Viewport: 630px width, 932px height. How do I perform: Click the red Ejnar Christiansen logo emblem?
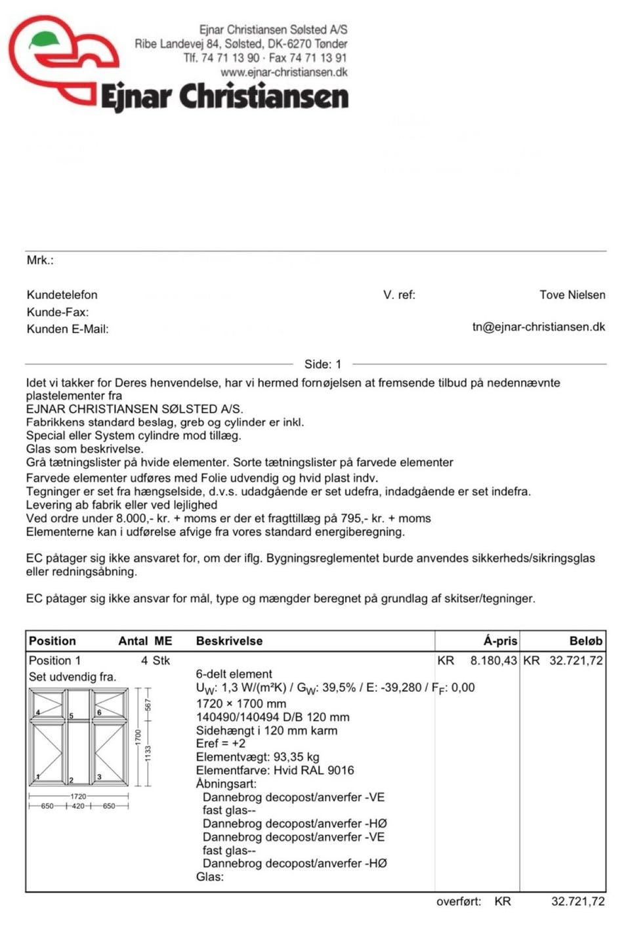click(62, 59)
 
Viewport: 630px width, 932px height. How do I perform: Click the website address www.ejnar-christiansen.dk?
click(283, 73)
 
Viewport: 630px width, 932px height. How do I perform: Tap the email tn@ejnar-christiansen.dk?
click(538, 327)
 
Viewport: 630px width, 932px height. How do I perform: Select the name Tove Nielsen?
click(572, 295)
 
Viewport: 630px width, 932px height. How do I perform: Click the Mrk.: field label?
click(40, 260)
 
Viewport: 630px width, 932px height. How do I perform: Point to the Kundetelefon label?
click(62, 295)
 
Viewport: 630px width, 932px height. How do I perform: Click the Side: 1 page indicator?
click(323, 364)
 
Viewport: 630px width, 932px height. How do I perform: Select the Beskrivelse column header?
click(229, 641)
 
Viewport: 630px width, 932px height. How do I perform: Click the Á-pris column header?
click(500, 641)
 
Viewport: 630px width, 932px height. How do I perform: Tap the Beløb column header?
click(585, 641)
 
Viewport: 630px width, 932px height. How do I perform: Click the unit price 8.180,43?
click(493, 660)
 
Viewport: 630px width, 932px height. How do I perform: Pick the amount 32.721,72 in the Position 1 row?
click(576, 660)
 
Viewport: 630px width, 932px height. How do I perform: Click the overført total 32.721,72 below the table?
click(577, 901)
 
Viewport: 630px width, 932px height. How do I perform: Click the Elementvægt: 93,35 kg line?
click(257, 757)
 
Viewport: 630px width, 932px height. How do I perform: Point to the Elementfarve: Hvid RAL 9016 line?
click(274, 770)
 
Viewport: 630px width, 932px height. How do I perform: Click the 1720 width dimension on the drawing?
click(78, 796)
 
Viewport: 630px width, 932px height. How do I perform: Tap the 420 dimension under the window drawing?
click(78, 806)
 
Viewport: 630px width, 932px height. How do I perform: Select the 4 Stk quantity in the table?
click(155, 660)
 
